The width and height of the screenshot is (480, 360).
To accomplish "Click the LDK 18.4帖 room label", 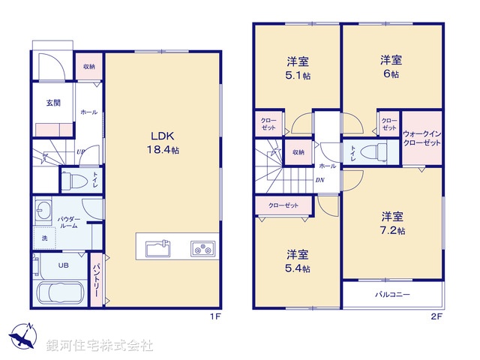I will click(163, 143).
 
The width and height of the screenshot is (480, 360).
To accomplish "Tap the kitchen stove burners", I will click(202, 247).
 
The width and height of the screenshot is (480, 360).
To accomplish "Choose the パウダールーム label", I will click(70, 222).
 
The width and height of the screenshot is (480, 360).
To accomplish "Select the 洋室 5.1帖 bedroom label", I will click(297, 67).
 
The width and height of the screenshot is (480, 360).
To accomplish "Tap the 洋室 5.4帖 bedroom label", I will click(298, 259).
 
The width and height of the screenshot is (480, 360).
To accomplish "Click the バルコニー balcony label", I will click(392, 295).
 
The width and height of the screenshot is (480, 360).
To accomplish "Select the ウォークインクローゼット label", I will click(421, 138).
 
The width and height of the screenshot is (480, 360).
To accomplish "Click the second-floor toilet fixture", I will click(370, 151).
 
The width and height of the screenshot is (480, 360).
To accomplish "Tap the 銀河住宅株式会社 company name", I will click(99, 346).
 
